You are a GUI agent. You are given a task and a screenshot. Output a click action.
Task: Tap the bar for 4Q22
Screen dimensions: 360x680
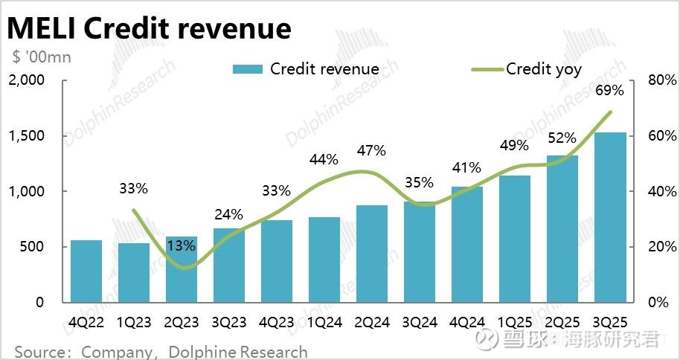[86, 271]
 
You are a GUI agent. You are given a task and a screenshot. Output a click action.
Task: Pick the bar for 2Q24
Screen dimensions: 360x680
[372, 254]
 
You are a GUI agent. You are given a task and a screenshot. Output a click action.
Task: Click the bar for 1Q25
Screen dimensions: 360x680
[515, 239]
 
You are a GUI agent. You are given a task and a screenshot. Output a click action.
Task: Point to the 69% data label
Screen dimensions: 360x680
[609, 92]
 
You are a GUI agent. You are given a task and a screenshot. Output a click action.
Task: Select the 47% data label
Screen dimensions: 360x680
[372, 150]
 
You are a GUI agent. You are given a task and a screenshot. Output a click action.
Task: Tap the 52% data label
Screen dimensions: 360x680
[562, 138]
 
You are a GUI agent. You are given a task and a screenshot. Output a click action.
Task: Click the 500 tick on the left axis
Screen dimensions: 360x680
[34, 247]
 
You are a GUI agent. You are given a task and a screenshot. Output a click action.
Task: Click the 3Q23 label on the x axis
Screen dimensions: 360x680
[228, 323]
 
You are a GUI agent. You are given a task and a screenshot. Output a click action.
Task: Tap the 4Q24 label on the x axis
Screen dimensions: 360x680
[466, 323]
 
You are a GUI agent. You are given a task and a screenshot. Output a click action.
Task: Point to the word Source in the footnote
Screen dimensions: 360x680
[41, 351]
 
